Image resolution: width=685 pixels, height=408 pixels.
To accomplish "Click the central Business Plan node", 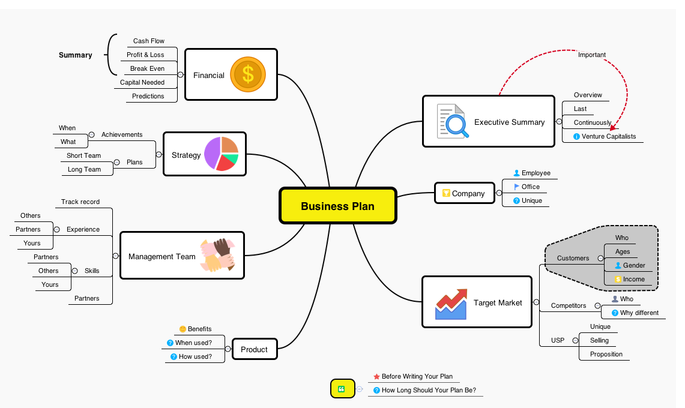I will (337, 206).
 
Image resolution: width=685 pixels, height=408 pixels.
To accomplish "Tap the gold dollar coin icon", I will (247, 74).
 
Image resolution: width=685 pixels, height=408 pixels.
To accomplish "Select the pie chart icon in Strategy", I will (221, 154).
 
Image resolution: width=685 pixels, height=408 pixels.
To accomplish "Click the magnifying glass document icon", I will (451, 122).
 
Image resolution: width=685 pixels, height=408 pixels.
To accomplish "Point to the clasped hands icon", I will (217, 256).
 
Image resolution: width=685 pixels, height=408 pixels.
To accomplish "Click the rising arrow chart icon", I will (451, 303).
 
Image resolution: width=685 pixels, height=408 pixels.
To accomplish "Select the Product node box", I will (255, 349).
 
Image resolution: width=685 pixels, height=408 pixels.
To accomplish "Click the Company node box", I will (464, 193).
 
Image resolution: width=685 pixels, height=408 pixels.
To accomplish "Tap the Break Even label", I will (147, 68).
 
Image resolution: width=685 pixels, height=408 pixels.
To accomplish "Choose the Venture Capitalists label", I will (608, 136).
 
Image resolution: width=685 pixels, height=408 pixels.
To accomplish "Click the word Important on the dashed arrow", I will (591, 55).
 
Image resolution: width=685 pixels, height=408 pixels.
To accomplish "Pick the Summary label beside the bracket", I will (76, 55).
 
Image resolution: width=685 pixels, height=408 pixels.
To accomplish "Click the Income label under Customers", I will (633, 279).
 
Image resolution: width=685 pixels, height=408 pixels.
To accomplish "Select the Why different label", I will (639, 313).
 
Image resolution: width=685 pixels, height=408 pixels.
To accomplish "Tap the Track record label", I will (80, 202).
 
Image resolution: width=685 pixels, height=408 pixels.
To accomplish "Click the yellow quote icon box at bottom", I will (342, 389).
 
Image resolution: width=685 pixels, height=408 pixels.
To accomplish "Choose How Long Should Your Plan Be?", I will (429, 390).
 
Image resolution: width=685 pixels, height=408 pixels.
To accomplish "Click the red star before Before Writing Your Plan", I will (376, 377).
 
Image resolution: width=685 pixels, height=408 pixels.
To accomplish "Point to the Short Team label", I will (83, 155).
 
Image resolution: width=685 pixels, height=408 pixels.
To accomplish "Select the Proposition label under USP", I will (606, 354).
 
